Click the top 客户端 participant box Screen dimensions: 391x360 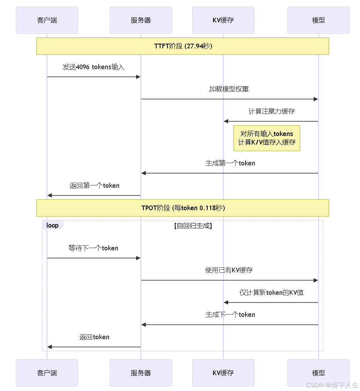point(47,20)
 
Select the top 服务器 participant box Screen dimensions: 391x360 point(141,20)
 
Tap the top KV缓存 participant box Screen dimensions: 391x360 point(223,20)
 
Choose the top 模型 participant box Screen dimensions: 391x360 point(318,20)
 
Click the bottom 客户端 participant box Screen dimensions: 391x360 point(47,373)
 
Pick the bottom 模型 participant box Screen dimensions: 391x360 point(318,373)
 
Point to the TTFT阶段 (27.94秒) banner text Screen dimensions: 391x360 point(183,46)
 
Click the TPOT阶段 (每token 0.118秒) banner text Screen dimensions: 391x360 point(183,208)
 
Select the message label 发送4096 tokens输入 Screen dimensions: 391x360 point(94,67)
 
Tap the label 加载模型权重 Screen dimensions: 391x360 point(229,89)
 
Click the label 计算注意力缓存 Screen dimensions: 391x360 point(271,111)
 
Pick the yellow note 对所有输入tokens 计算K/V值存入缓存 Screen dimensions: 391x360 point(267,138)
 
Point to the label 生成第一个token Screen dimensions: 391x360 point(230,163)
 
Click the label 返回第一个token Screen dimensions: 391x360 point(94,185)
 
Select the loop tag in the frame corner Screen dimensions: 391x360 point(52,225)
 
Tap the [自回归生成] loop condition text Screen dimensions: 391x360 point(193,226)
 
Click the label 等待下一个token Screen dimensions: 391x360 point(94,248)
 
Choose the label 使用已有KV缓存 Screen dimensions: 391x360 point(229,270)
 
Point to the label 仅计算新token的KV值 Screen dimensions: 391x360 point(271,292)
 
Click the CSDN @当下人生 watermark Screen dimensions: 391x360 point(332,385)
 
